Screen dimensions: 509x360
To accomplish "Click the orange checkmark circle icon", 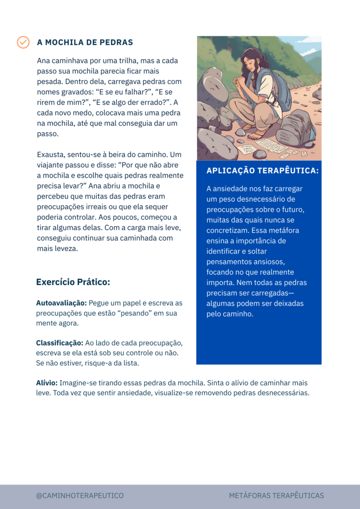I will tap(23, 42).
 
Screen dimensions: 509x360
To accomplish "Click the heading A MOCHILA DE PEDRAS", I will tap(85, 42).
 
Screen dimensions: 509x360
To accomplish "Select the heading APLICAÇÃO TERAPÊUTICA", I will tap(262, 171).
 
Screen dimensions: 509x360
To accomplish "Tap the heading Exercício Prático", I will tap(73, 282).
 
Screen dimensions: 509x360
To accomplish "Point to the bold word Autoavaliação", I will tap(61, 303).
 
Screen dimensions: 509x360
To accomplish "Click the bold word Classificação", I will tap(60, 343).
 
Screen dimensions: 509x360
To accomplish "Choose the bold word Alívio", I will tap(47, 383).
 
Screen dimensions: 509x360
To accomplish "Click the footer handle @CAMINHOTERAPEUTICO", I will tap(80, 495).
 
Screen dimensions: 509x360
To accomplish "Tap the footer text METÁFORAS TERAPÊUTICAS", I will tap(276, 495).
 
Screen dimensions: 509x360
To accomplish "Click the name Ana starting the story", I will tap(44, 61).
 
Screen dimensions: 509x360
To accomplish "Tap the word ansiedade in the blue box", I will tap(233, 189).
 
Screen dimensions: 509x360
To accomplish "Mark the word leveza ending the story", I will tap(66, 248).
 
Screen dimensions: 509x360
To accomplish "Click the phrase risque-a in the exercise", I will tap(97, 363).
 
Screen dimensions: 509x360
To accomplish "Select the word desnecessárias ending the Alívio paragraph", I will tap(281, 393).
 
